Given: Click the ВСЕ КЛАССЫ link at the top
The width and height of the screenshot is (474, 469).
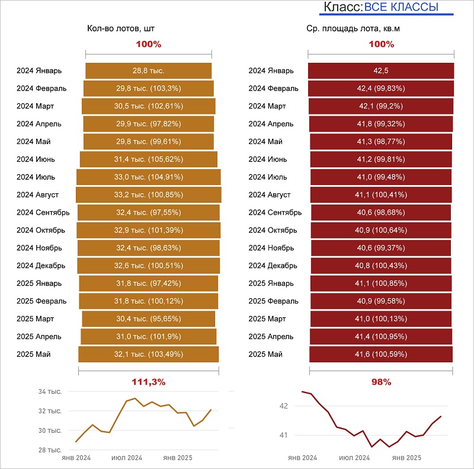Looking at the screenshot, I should click(401, 7).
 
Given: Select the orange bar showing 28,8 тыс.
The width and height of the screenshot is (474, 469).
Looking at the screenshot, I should click(149, 71).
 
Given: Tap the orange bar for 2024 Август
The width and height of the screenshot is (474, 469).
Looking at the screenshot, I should click(149, 194).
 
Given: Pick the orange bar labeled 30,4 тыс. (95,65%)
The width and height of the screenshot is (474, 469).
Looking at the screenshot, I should click(149, 319).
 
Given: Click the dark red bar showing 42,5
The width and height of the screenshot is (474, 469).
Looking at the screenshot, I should click(381, 71).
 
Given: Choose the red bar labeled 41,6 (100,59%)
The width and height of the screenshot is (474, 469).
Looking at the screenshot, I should click(381, 355).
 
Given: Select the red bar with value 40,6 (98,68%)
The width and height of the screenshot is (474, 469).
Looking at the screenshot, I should click(381, 212).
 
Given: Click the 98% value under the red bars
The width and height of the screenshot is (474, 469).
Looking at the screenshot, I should click(381, 382).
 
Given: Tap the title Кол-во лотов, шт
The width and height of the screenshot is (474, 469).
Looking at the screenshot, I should click(124, 28).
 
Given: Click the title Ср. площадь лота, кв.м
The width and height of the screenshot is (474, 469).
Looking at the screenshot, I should click(357, 28).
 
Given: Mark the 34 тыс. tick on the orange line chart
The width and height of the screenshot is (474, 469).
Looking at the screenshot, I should click(50, 392).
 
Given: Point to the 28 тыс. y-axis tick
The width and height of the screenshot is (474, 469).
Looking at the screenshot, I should click(50, 450).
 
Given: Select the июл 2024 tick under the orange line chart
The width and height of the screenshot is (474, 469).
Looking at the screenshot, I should click(127, 458).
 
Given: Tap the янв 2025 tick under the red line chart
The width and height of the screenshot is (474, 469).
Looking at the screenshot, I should click(407, 458).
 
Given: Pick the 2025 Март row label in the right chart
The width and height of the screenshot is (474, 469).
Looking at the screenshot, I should click(267, 319).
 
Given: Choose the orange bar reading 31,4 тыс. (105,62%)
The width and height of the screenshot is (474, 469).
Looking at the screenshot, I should click(149, 159).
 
